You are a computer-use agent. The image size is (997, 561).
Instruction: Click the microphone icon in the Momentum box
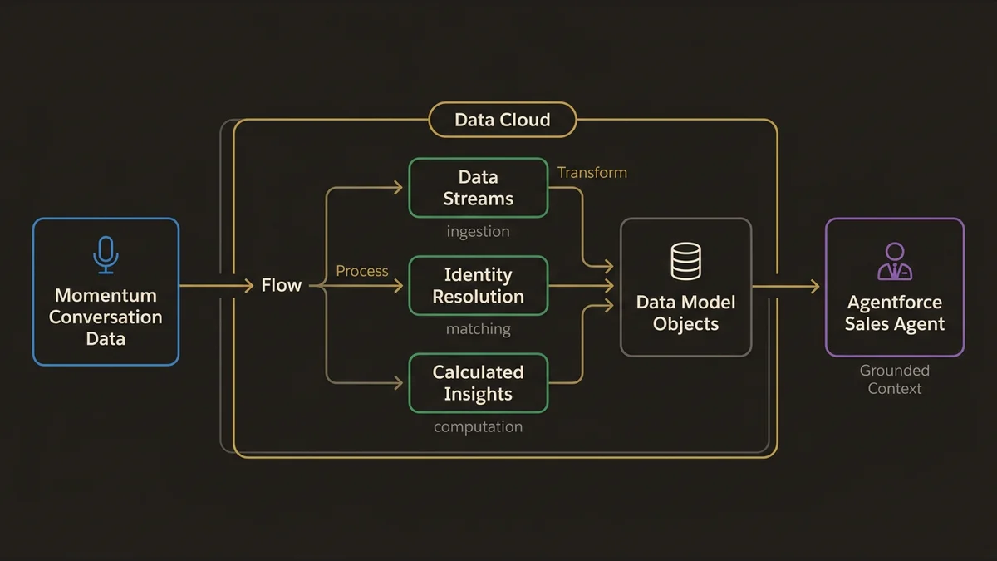pyautogui.click(x=106, y=254)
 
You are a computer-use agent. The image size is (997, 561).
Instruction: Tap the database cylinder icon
pyautogui.click(x=685, y=261)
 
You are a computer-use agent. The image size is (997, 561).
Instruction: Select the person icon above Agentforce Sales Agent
pyautogui.click(x=894, y=261)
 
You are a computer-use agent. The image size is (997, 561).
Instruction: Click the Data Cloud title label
pyautogui.click(x=502, y=120)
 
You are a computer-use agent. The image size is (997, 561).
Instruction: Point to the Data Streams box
pyautogui.click(x=478, y=188)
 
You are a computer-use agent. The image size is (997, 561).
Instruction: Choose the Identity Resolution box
pyautogui.click(x=478, y=286)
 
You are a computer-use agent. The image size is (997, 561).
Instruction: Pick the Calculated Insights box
pyautogui.click(x=478, y=383)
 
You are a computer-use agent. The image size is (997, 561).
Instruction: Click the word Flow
pyautogui.click(x=281, y=286)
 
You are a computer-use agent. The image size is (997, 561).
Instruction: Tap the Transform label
pyautogui.click(x=592, y=173)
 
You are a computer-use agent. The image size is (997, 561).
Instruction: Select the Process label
pyautogui.click(x=361, y=271)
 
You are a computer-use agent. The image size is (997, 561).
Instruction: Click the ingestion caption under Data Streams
pyautogui.click(x=478, y=231)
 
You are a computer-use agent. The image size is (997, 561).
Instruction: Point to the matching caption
pyautogui.click(x=478, y=329)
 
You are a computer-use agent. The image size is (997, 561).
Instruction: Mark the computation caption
pyautogui.click(x=478, y=427)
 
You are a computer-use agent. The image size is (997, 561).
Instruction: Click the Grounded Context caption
pyautogui.click(x=894, y=379)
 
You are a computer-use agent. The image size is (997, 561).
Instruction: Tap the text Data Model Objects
pyautogui.click(x=685, y=312)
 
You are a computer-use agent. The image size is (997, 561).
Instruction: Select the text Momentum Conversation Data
pyautogui.click(x=106, y=317)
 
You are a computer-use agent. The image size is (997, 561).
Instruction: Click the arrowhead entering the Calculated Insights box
pyautogui.click(x=398, y=383)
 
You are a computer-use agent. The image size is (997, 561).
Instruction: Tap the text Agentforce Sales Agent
pyautogui.click(x=894, y=313)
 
